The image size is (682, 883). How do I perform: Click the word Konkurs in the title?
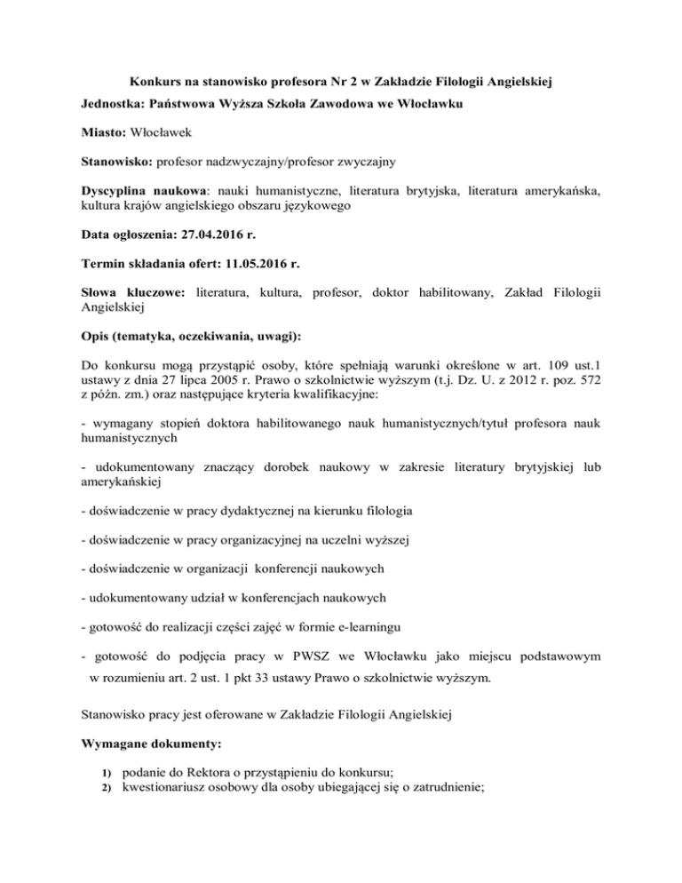tap(146, 83)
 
